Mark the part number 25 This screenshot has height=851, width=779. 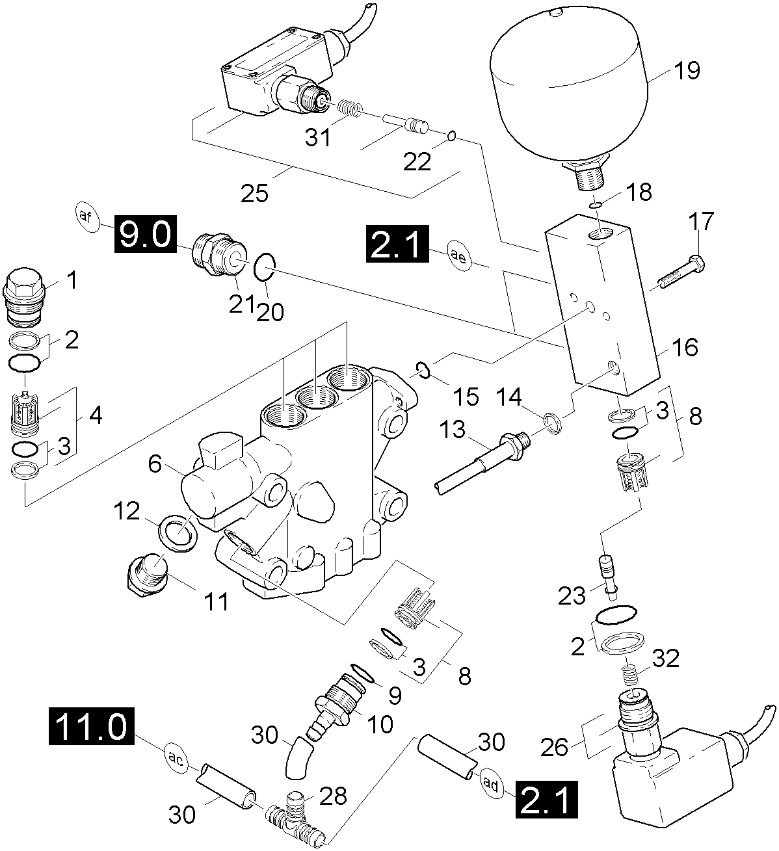click(x=254, y=193)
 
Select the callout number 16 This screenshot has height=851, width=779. click(x=686, y=347)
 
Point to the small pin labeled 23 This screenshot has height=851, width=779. click(x=607, y=570)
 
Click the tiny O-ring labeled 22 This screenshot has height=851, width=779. click(x=450, y=137)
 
